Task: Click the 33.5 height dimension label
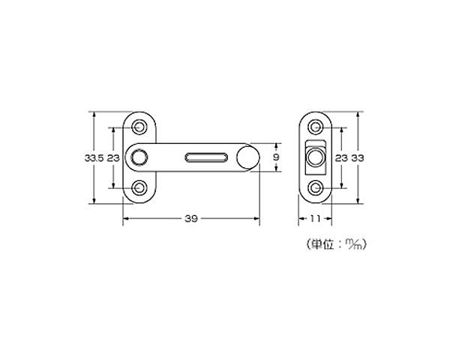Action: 94,158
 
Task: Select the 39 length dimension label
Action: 191,219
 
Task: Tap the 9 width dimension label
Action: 276,157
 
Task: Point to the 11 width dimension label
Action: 315,219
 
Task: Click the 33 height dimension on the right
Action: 358,158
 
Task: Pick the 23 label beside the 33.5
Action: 113,158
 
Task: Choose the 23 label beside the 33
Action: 341,158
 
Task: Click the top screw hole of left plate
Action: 139,127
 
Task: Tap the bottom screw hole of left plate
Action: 139,187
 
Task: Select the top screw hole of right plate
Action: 316,127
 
